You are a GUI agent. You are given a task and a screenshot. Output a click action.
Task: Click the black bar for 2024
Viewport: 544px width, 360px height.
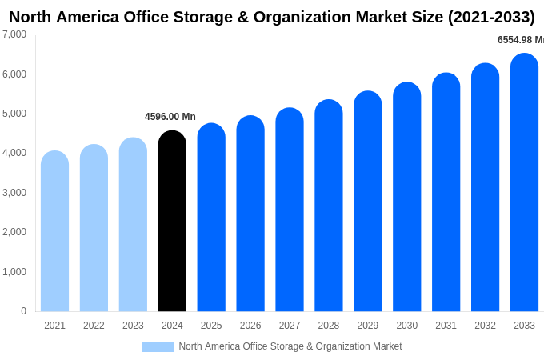(172, 222)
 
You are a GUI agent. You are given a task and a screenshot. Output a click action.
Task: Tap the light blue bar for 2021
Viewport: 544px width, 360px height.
(54, 231)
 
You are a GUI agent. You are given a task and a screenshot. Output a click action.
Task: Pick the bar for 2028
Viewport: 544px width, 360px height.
(329, 206)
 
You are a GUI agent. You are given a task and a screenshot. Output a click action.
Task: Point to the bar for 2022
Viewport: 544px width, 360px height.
(94, 228)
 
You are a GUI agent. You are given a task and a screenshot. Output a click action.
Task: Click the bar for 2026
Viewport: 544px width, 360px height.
(250, 214)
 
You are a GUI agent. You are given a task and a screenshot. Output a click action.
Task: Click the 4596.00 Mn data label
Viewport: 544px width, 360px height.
(170, 117)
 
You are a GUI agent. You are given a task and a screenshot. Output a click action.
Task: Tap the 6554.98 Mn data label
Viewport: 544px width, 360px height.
(520, 40)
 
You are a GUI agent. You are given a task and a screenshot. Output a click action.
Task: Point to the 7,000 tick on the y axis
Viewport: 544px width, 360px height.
(14, 34)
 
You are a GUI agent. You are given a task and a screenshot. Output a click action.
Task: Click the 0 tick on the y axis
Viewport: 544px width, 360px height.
(23, 311)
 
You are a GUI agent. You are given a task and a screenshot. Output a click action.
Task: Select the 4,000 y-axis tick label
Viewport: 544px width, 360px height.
(14, 153)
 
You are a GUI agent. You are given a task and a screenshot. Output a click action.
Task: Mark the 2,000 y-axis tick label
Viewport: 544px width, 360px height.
(14, 232)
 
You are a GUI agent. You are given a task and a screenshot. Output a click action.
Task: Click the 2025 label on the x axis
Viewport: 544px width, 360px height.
(211, 326)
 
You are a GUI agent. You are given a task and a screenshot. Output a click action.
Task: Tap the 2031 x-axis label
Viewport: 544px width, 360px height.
(446, 326)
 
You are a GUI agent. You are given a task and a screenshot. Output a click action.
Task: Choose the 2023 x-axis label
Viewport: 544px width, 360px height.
(133, 326)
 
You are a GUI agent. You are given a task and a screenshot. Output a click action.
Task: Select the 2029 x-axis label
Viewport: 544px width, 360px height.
(368, 326)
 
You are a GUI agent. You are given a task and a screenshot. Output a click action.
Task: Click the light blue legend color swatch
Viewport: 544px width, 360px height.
(158, 346)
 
